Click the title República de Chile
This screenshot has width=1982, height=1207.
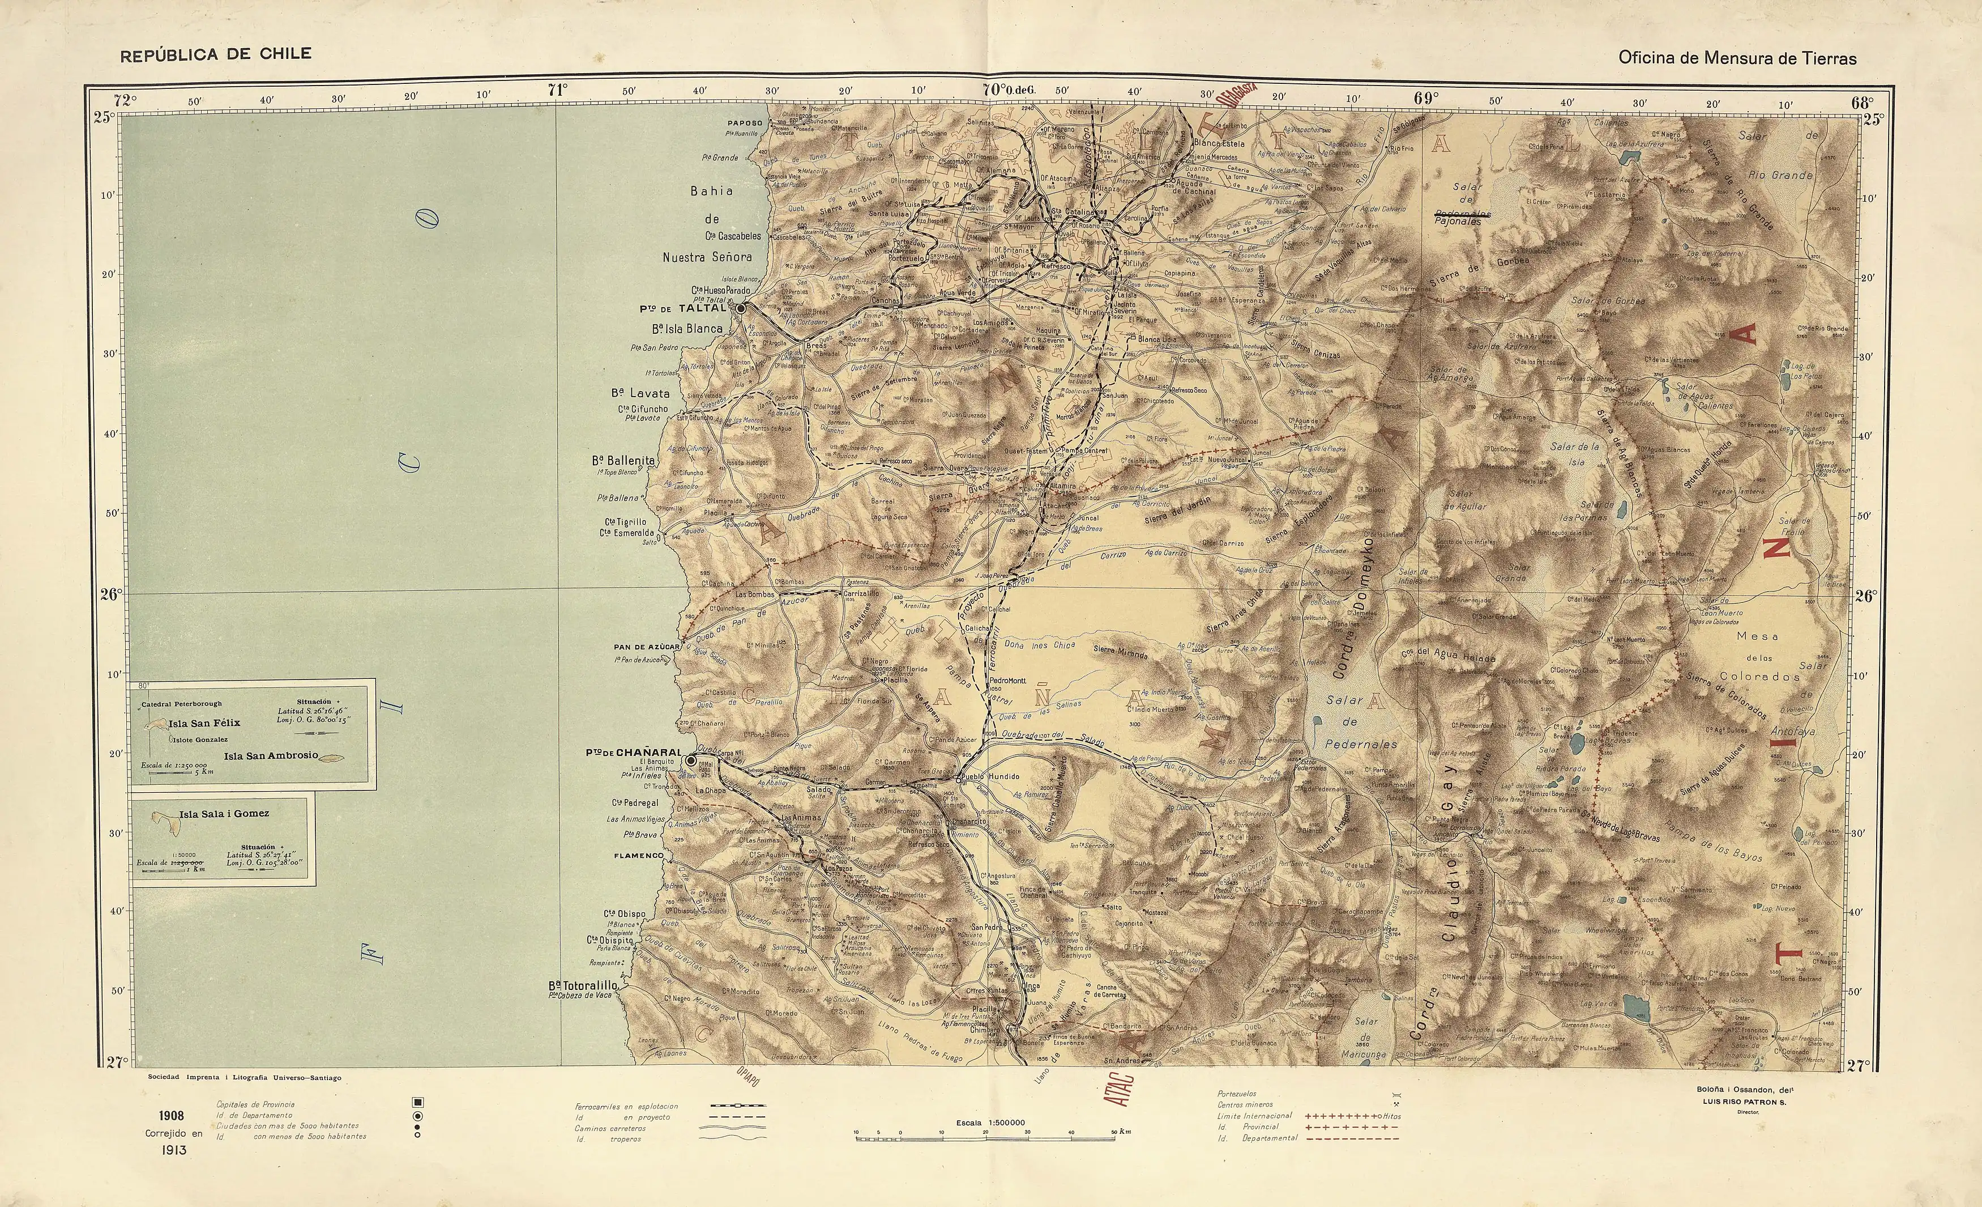click(x=216, y=55)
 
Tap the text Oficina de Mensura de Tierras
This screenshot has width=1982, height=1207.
click(x=1737, y=58)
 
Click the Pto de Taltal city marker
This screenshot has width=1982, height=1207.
click(x=741, y=307)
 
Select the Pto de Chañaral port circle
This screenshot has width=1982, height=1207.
click(x=691, y=759)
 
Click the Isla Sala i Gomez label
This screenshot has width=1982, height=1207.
click(x=224, y=814)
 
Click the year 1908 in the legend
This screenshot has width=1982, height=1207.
click(x=172, y=1115)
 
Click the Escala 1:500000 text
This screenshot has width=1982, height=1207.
click(x=990, y=1123)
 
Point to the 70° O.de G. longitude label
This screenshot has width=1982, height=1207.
click(x=1007, y=90)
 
